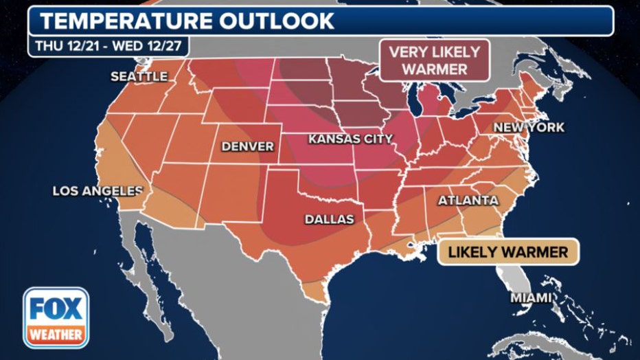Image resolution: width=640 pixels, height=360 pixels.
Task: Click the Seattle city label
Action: pyautogui.click(x=139, y=76)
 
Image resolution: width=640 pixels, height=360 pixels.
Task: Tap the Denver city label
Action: pyautogui.click(x=247, y=146)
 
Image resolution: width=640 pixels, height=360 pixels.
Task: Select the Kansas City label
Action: pyautogui.click(x=350, y=139)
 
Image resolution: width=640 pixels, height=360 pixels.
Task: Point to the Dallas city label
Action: pyautogui.click(x=330, y=219)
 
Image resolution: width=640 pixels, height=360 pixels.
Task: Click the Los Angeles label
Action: pyautogui.click(x=97, y=191)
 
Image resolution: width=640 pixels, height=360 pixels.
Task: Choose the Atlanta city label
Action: pyautogui.click(x=468, y=201)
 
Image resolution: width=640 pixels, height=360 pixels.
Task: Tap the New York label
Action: pyautogui.click(x=529, y=128)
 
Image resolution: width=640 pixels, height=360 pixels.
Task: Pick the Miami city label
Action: pyautogui.click(x=530, y=297)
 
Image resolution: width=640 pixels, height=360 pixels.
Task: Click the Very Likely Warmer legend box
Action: pyautogui.click(x=434, y=60)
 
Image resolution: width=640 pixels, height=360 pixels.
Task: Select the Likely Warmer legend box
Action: pyautogui.click(x=508, y=251)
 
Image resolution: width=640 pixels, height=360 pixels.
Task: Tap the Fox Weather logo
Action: pyautogui.click(x=56, y=317)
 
